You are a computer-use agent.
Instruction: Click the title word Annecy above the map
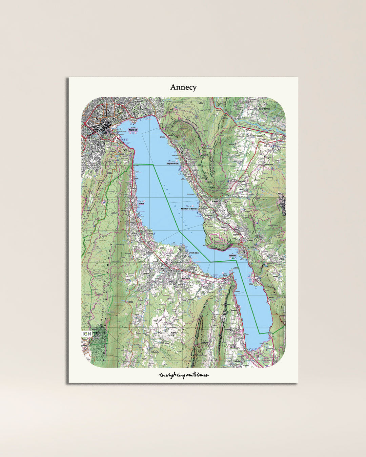coord(183,87)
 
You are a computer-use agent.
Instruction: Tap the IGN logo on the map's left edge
coord(87,334)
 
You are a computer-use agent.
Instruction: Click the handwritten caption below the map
coord(183,375)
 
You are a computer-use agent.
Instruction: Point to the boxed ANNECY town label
coord(133,130)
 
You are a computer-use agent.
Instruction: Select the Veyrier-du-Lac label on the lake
coord(173,164)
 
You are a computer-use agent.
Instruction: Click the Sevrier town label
coord(141,203)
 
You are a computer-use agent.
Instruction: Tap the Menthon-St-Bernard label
coord(189,209)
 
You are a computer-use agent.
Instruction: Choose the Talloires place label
coord(232,256)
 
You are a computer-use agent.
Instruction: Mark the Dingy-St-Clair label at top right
coord(264,109)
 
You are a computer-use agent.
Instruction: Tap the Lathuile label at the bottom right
coord(237,361)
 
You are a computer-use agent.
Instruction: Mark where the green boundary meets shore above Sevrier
coord(133,164)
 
